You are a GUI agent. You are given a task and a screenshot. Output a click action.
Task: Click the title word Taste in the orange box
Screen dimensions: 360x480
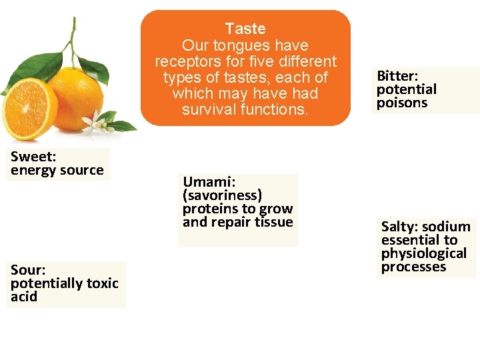(x=245, y=29)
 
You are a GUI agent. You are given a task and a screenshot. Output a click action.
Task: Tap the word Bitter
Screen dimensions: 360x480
(x=396, y=75)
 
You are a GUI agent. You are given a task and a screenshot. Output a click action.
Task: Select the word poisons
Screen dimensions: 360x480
(x=402, y=103)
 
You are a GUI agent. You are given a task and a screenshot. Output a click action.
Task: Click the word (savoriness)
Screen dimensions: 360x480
(x=222, y=195)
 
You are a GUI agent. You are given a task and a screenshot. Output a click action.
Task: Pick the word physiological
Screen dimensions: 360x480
(x=423, y=253)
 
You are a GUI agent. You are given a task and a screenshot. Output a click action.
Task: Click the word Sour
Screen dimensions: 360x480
(x=27, y=269)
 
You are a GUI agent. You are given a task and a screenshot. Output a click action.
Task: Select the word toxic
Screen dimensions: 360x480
(x=102, y=283)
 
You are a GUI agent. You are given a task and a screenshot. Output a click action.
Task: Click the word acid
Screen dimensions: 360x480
(x=24, y=297)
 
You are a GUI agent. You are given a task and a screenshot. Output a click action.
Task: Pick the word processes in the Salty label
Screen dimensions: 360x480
(x=413, y=267)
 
